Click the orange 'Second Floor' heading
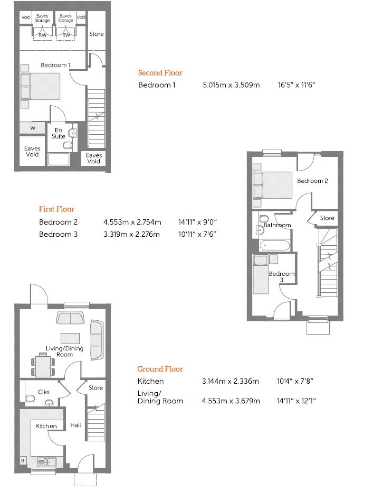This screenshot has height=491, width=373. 160,73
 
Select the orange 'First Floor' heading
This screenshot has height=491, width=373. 56,209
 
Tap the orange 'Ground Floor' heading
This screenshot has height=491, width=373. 160,369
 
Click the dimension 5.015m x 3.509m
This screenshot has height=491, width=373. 231,85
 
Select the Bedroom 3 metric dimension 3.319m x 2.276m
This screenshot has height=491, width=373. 132,234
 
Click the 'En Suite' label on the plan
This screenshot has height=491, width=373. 58,133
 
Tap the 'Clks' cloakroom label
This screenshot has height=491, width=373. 44,392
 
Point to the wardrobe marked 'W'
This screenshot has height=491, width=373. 33,128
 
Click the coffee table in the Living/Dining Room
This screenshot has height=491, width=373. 70,338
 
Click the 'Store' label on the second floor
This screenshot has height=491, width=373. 97,34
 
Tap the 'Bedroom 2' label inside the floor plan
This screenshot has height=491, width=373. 312,181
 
